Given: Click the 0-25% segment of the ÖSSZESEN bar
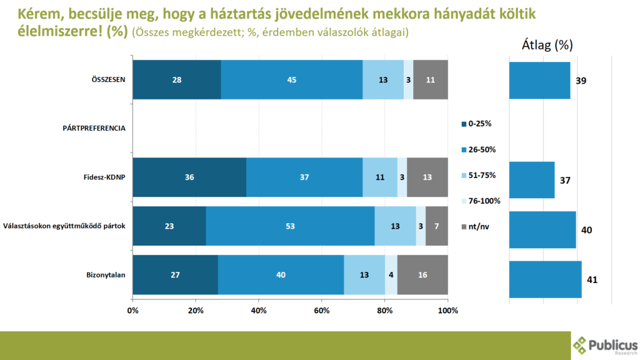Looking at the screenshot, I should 177,79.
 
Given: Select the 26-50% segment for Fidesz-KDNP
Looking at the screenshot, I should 304,177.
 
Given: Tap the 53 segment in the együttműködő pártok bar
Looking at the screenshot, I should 290,226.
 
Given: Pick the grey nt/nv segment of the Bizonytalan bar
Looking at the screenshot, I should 422,275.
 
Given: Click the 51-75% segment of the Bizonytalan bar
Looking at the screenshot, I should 364,275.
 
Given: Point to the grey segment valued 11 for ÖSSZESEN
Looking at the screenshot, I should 431,79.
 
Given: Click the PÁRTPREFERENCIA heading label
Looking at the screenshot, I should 94,128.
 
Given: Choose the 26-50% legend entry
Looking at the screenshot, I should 479,149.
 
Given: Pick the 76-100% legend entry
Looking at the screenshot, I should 481,201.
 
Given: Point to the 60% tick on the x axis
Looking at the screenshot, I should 322,310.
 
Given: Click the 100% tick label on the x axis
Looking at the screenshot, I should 447,310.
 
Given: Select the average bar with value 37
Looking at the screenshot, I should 532,180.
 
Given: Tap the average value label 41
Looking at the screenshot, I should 592,279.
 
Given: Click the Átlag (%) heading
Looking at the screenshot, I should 547,45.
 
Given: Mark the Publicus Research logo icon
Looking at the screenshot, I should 581,345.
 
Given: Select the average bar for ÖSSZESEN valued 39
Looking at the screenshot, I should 539,80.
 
